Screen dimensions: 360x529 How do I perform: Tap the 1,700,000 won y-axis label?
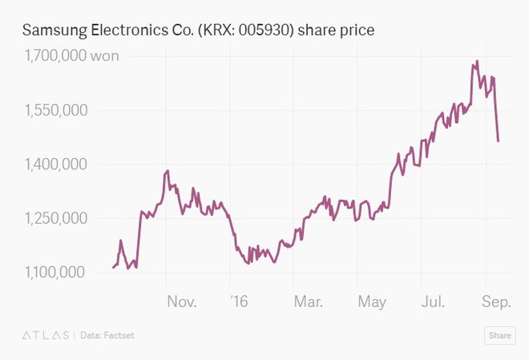71,56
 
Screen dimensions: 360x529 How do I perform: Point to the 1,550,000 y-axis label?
55,111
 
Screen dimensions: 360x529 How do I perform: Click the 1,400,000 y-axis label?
55,164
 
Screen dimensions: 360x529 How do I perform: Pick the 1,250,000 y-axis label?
55,218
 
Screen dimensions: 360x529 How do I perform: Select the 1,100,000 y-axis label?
55,273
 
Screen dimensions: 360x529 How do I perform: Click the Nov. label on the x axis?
182,301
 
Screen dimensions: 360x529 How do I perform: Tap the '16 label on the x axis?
239,301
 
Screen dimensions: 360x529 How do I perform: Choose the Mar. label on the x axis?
308,301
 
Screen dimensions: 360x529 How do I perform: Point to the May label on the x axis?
372,301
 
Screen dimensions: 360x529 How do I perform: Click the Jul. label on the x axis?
434,301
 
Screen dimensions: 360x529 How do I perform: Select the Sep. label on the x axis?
497,301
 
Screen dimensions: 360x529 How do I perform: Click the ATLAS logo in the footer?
45,335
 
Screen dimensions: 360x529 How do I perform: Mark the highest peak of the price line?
477,61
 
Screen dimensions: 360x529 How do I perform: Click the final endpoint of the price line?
499,141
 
